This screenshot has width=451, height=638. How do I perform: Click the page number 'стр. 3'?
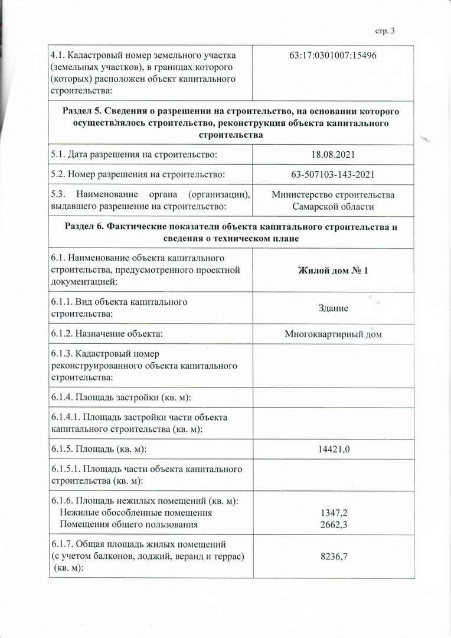click(384, 31)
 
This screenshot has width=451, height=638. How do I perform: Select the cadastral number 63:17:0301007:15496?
click(334, 56)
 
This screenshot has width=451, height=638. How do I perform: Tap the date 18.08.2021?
click(333, 154)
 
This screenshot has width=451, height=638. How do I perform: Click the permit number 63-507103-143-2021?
click(333, 175)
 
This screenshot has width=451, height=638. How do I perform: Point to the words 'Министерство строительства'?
click(333, 195)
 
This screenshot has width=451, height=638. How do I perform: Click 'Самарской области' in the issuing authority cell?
click(333, 206)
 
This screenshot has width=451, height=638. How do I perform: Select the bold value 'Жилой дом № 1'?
click(333, 270)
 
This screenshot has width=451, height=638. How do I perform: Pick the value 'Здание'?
click(333, 308)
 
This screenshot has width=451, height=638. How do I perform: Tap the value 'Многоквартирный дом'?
click(333, 334)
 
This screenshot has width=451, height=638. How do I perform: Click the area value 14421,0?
click(333, 450)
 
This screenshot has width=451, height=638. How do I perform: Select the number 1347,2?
click(333, 513)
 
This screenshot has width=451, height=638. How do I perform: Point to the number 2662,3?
click(333, 524)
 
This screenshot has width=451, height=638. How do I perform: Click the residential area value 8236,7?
click(333, 556)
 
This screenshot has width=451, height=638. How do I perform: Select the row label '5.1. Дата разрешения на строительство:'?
click(134, 154)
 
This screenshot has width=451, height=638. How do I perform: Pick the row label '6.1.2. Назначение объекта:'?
click(107, 334)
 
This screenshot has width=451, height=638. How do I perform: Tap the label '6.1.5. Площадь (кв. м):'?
click(99, 450)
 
